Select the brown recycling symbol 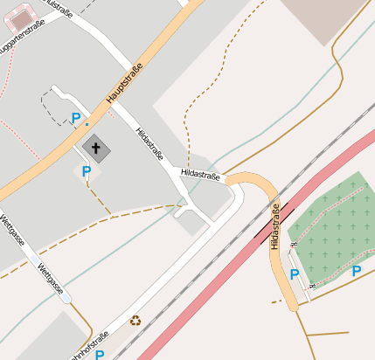[135, 321]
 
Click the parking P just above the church [76, 118]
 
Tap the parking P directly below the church [86, 171]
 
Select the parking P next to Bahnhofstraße [100, 355]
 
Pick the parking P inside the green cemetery [357, 271]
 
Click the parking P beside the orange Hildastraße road [295, 274]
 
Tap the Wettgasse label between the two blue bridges [49, 278]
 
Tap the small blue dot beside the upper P [87, 124]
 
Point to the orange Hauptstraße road [52, 157]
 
